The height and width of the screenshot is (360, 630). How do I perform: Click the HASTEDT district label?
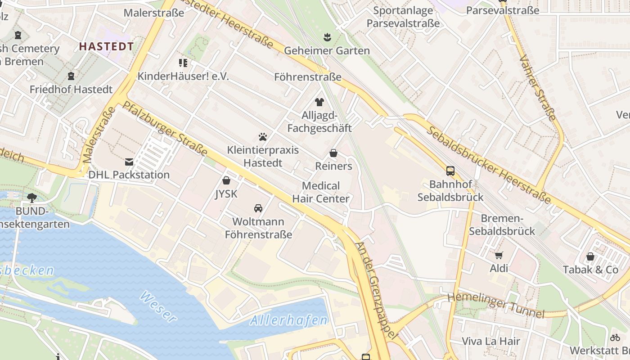click(x=107, y=46)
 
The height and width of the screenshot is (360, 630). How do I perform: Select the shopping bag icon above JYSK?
click(x=226, y=181)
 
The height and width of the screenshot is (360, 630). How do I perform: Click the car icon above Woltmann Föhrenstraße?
click(x=258, y=208)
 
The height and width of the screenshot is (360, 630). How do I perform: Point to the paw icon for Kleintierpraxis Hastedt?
click(x=263, y=136)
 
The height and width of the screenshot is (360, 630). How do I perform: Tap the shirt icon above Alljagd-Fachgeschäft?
click(x=319, y=102)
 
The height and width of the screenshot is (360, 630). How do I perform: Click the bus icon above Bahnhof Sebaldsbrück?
click(x=450, y=171)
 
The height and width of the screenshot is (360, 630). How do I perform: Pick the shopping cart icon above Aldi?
click(x=499, y=256)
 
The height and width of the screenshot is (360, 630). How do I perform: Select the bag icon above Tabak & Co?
click(x=590, y=256)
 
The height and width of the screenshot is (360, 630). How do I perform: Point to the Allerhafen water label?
click(x=289, y=320)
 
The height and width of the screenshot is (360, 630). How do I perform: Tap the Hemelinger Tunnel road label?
click(x=495, y=305)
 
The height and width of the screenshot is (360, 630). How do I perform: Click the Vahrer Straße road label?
click(x=538, y=88)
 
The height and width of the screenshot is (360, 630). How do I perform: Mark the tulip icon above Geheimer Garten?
click(x=327, y=36)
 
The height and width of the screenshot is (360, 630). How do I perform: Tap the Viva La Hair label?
click(x=491, y=341)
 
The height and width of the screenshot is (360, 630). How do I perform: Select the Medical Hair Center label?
click(x=321, y=192)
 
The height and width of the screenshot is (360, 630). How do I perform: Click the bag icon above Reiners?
click(x=333, y=153)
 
